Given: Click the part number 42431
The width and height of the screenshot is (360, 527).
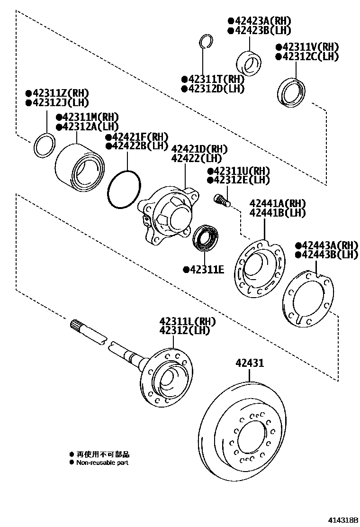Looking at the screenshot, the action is click(250, 363).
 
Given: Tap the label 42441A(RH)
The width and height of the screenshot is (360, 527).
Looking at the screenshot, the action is click(278, 203).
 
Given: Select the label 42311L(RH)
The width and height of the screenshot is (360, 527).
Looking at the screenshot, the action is click(188, 321).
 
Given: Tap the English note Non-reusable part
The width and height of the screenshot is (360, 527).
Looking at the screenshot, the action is click(102, 463).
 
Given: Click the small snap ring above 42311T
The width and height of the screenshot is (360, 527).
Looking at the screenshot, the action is click(206, 41).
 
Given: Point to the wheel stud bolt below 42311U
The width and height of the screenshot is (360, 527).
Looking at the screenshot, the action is click(222, 200).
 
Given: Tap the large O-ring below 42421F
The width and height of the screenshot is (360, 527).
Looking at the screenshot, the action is click(124, 190).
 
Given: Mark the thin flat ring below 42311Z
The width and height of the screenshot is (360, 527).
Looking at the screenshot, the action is click(45, 145).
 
